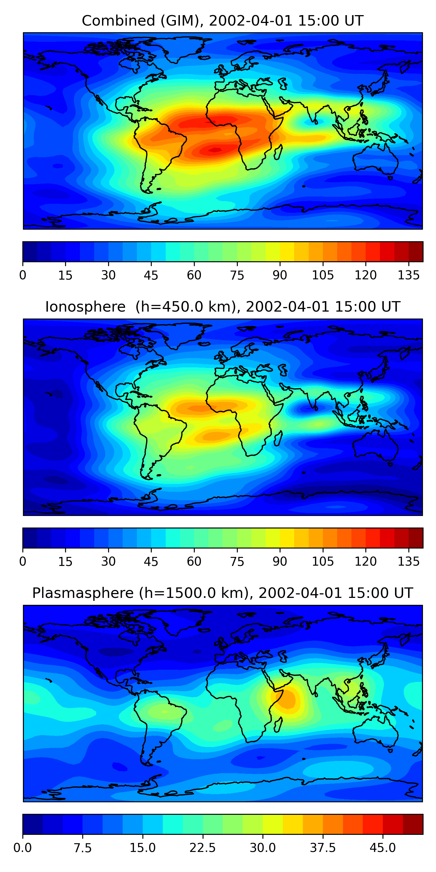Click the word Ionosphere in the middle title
click(85, 307)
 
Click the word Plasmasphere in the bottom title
click(83, 593)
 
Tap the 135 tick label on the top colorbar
click(409, 275)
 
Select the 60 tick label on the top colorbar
click(194, 275)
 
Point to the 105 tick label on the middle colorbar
click(323, 561)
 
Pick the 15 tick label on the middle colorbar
click(65, 561)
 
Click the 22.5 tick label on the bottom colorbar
click(202, 848)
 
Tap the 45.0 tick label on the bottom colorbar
click(383, 848)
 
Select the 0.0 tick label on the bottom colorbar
click(23, 848)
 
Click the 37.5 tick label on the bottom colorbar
click(323, 848)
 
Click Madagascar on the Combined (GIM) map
click(278, 152)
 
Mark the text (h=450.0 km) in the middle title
click(185, 307)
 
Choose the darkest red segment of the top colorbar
click(416, 251)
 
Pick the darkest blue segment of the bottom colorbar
click(33, 824)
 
